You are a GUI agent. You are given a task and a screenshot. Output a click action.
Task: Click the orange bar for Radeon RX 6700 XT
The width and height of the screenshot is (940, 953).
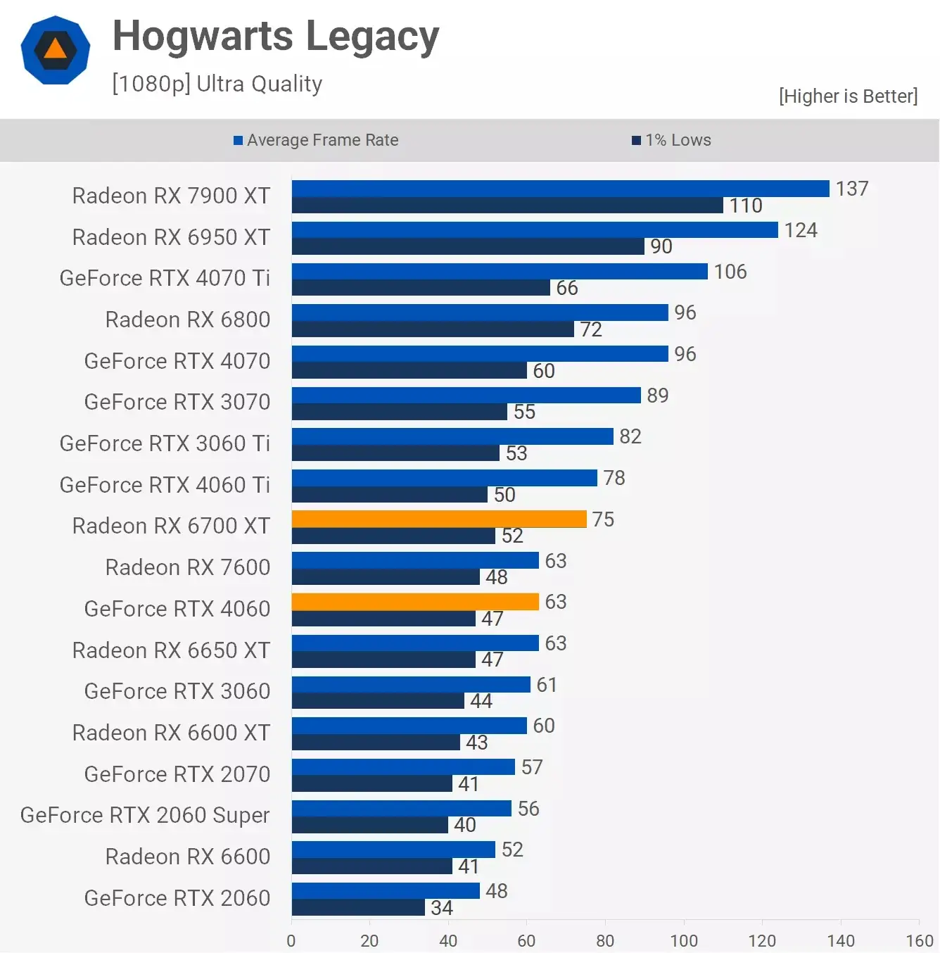[439, 519]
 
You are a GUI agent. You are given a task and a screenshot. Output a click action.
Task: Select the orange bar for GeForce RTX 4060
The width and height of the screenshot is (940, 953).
[415, 602]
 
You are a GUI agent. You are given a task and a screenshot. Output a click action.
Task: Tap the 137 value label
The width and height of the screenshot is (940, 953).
[852, 189]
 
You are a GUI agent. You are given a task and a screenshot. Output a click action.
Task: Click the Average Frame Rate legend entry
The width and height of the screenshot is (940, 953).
[316, 140]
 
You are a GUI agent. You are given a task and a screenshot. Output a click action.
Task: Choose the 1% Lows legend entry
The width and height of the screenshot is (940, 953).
[672, 140]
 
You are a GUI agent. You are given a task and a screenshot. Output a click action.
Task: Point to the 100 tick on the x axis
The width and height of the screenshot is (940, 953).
[684, 940]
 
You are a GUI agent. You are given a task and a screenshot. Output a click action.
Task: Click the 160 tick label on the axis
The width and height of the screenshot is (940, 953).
[919, 940]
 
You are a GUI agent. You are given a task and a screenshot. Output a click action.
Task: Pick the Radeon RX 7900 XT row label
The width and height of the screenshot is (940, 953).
[171, 196]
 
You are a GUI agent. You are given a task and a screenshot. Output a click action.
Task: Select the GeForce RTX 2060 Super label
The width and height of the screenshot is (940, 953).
[145, 815]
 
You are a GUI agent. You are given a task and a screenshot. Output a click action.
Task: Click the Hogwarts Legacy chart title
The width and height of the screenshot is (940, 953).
[276, 37]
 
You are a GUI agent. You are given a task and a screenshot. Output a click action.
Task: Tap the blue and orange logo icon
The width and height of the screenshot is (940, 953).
[56, 50]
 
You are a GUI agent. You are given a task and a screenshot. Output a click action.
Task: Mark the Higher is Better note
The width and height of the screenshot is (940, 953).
[848, 96]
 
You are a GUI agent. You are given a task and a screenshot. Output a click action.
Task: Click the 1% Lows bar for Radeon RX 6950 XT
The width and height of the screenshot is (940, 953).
[468, 246]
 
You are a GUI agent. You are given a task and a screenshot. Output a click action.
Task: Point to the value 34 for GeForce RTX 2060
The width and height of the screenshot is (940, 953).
[442, 908]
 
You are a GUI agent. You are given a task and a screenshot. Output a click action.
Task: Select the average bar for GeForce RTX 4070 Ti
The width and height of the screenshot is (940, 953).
[500, 271]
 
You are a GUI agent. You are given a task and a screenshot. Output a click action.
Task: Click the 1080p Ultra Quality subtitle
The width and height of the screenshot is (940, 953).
[217, 84]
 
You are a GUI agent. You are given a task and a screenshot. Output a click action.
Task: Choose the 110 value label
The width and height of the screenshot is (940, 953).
[746, 206]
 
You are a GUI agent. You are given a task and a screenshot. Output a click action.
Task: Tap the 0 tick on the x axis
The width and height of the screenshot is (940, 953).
[291, 940]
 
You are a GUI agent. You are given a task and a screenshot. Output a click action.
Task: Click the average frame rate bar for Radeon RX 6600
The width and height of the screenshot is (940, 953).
[393, 850]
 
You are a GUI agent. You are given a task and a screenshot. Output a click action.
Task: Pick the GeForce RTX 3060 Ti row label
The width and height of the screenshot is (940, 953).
[165, 443]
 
